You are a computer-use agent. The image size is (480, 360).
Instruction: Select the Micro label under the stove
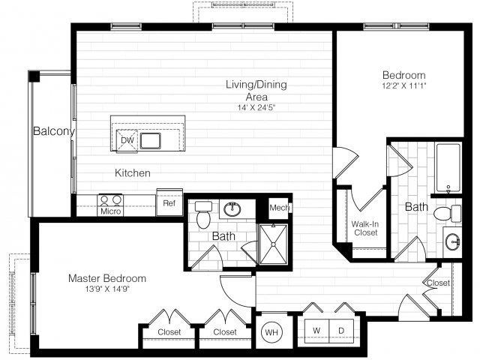pyautogui.click(x=110, y=211)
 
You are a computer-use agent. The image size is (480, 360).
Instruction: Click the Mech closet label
pyautogui.click(x=279, y=207)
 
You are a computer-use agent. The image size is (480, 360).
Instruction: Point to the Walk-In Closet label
pyautogui.click(x=364, y=228)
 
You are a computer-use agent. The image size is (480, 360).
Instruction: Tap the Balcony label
pyautogui.click(x=53, y=132)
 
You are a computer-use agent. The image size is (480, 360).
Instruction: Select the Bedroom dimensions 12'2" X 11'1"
pyautogui.click(x=403, y=88)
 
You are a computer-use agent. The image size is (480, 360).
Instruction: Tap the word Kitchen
pyautogui.click(x=133, y=173)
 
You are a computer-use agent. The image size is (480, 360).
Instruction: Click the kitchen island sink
pyautogui.click(x=152, y=140)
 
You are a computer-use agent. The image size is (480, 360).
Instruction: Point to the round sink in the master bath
pyautogui.click(x=232, y=208)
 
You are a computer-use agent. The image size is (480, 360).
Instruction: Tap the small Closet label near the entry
pyautogui.click(x=438, y=283)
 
